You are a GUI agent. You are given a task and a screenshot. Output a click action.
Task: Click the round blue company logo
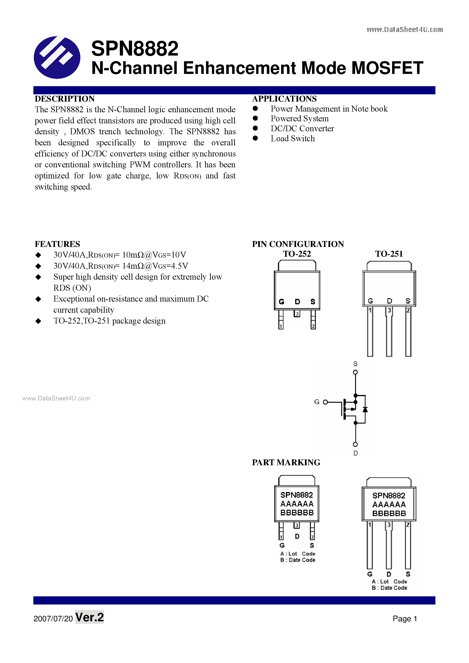[57, 57]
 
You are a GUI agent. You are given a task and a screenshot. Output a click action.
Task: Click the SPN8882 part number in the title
[135, 48]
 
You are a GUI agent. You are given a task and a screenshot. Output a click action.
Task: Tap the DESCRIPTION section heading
[65, 99]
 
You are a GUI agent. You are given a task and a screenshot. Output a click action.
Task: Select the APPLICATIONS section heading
[284, 99]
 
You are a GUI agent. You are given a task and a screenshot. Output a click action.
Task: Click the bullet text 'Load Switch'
[292, 139]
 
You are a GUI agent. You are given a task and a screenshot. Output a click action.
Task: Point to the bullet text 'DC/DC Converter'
[302, 129]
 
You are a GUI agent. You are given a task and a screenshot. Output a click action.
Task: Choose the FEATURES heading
[57, 244]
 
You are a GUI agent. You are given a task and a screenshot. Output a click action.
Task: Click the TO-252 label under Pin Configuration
[297, 254]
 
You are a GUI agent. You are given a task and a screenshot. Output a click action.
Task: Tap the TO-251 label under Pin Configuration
[389, 254]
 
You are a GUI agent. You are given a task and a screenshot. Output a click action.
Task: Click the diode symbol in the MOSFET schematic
[365, 409]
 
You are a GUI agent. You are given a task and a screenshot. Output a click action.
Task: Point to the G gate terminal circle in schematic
[325, 402]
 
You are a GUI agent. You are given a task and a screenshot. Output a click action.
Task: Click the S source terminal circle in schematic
[355, 372]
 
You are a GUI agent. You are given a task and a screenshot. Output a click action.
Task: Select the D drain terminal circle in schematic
[355, 444]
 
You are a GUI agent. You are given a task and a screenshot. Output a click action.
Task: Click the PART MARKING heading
[286, 462]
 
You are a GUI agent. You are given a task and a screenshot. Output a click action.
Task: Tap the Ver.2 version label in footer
[89, 617]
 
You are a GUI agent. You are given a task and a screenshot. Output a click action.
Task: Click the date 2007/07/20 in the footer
[53, 619]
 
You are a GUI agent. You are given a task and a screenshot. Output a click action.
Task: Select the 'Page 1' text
[405, 619]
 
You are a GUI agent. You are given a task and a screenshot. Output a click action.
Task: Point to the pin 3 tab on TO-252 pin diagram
[297, 313]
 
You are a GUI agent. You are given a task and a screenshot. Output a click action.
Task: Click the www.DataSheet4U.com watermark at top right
[405, 29]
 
